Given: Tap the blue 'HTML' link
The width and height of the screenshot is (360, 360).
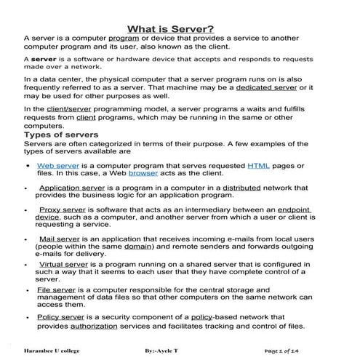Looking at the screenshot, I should tap(258, 166).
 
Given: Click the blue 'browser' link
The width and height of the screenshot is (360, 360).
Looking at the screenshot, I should tap(143, 175).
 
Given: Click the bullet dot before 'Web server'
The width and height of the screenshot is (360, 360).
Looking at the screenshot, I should tap(27, 167).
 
